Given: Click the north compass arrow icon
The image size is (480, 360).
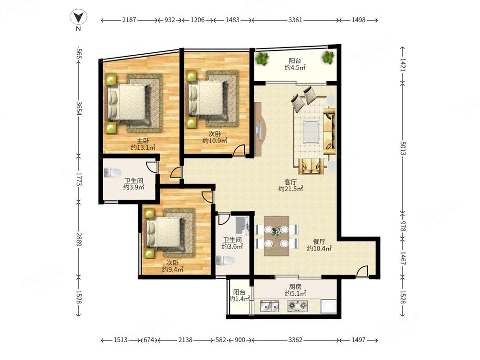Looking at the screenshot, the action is [78, 17].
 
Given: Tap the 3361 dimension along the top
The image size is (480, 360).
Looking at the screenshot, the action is [295, 20].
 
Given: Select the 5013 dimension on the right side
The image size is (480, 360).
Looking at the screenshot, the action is [403, 148].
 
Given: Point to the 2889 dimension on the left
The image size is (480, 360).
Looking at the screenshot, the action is [79, 240].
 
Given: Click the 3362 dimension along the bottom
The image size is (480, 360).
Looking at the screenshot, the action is [295, 340].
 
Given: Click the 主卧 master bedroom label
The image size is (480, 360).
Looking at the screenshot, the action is [143, 141].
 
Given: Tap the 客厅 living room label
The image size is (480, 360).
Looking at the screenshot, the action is [290, 182].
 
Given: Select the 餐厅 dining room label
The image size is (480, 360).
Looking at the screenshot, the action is [319, 241].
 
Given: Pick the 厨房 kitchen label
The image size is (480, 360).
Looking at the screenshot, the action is [295, 287].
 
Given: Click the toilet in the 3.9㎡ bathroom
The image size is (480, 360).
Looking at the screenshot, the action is [112, 173].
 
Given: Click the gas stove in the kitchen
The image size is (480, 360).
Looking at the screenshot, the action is [297, 305].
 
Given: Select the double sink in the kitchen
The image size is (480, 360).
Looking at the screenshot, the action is [269, 306].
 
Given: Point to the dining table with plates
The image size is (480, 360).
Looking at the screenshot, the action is [277, 236].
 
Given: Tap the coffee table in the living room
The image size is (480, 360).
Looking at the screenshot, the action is [311, 132].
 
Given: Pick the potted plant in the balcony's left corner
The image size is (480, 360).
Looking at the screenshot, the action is [262, 59].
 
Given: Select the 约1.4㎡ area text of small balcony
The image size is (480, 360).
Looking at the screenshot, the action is [240, 299].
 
